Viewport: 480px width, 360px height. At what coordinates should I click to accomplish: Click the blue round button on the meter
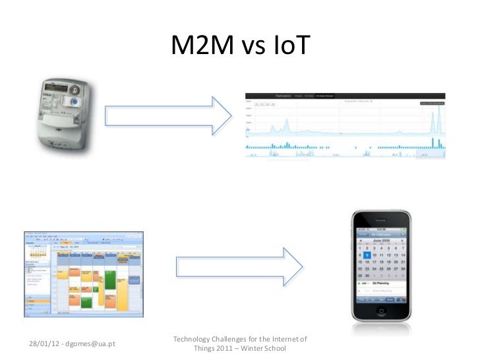click(x=73, y=102)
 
